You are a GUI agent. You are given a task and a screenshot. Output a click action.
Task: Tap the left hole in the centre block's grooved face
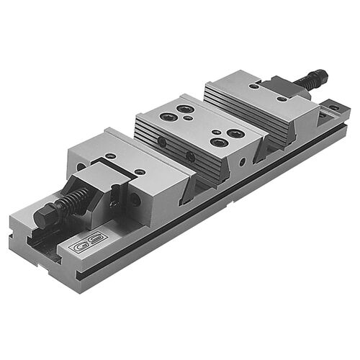pos(162,143)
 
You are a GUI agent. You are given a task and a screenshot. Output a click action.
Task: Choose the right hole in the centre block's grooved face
pos(190,156)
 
